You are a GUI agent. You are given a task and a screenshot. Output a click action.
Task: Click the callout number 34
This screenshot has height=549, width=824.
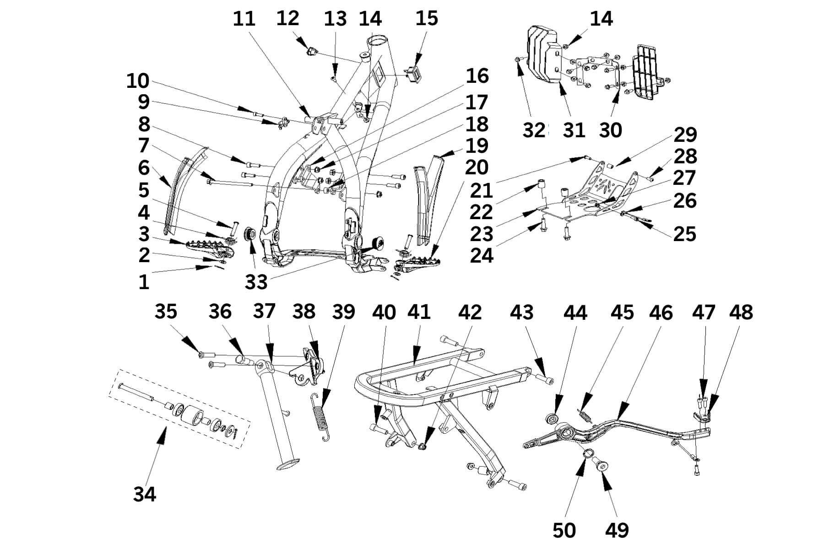pyautogui.click(x=145, y=494)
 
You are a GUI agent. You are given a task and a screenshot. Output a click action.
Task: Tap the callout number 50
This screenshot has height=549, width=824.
pyautogui.click(x=564, y=530)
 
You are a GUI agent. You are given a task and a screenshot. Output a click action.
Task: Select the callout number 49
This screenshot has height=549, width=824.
pyautogui.click(x=617, y=530)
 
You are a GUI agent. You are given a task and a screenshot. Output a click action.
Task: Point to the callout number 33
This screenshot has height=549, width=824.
pyautogui.click(x=255, y=282)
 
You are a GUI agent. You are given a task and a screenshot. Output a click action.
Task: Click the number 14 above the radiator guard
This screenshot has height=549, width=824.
pyautogui.click(x=601, y=19)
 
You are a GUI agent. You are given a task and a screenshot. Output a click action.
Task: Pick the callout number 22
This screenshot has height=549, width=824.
pyautogui.click(x=481, y=212)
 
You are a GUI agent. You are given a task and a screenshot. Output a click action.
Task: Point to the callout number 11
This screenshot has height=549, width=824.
pyautogui.click(x=244, y=19)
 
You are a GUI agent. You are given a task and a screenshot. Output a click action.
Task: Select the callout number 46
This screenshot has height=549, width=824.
pyautogui.click(x=661, y=312)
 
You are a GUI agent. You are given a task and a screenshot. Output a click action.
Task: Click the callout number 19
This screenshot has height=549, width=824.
pyautogui.click(x=477, y=145)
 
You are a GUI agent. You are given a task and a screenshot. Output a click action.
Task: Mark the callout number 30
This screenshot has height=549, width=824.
pyautogui.click(x=610, y=130)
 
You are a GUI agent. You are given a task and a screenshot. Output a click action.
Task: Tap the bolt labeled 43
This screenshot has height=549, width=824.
pyautogui.click(x=546, y=379)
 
